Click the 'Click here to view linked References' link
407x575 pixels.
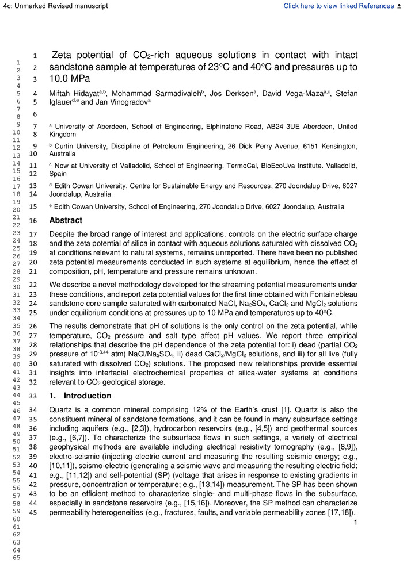338,6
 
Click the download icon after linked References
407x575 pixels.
400,6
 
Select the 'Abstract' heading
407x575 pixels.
66,220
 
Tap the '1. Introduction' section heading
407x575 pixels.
81,396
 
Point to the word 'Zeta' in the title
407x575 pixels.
63,56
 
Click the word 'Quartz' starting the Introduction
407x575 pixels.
62,409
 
